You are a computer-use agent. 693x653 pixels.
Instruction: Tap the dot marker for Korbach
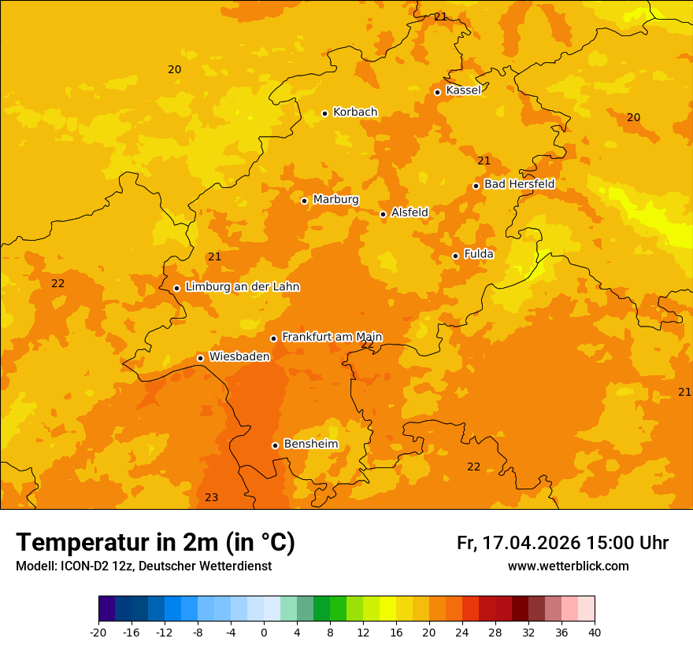(x=324, y=113)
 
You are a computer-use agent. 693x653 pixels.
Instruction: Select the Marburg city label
(x=335, y=200)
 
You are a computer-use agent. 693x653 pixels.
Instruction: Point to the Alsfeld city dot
(x=384, y=214)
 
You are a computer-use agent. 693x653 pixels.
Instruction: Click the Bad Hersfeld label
(x=519, y=184)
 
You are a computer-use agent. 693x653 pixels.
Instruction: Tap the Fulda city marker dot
(x=455, y=256)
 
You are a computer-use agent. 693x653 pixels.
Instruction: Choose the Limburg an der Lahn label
(x=242, y=287)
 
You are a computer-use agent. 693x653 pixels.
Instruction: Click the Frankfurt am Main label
(x=332, y=337)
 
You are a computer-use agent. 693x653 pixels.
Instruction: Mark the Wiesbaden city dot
(x=201, y=358)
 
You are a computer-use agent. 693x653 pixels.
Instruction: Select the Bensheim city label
(x=310, y=444)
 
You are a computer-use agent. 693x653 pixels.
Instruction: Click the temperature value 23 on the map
(x=211, y=497)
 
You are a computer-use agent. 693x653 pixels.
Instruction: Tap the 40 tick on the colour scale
(x=595, y=632)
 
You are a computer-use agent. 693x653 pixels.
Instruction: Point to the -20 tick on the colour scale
(x=98, y=632)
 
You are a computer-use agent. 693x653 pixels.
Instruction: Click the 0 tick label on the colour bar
(x=264, y=632)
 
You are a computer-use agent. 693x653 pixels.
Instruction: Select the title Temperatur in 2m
(x=155, y=542)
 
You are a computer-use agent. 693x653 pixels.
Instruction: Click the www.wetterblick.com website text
(x=568, y=566)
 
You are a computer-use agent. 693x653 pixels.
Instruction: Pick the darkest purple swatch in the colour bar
(x=106, y=609)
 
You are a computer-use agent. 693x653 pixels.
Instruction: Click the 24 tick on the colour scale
(x=462, y=632)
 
